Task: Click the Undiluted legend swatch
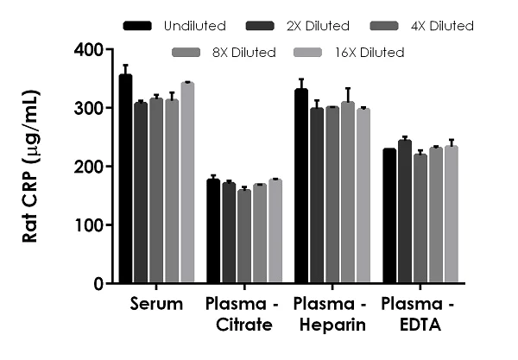point(137,26)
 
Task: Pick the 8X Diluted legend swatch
point(186,53)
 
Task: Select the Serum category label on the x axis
point(156,304)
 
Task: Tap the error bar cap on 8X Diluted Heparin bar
point(347,89)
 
